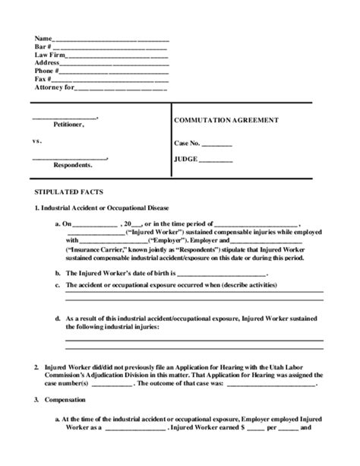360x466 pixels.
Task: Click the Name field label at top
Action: [43, 38]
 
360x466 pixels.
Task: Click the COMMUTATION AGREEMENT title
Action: [226, 120]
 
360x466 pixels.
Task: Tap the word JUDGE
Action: [186, 160]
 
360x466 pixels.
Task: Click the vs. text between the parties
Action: [36, 141]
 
